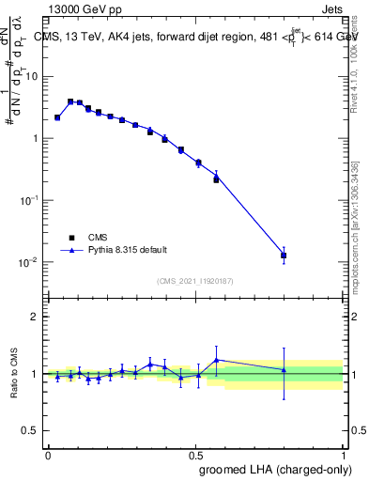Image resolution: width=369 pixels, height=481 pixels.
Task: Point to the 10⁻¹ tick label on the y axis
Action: coord(28,199)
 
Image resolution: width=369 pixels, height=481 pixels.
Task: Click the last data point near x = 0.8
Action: coord(284,255)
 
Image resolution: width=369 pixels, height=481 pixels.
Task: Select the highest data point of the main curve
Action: coord(70,101)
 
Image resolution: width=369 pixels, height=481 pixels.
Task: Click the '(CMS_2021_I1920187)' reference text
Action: coord(195,281)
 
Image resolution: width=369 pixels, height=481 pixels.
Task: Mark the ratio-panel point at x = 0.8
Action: coord(284,370)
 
